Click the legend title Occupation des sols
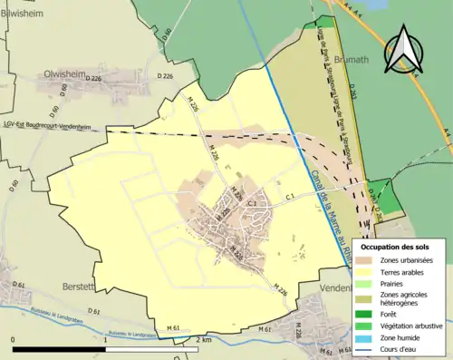pos(395,246)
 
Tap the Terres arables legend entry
pos(404,272)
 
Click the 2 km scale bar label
pos(204,339)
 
